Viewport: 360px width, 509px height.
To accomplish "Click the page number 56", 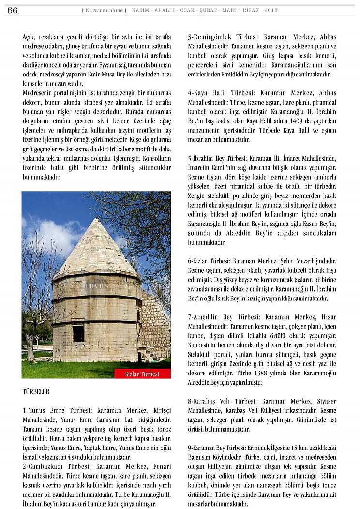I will tap(13, 10).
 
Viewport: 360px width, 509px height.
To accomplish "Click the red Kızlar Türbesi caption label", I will tap(142, 374).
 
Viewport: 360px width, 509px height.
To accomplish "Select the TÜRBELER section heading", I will tap(36, 391).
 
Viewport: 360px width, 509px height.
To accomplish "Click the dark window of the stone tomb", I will tap(78, 333).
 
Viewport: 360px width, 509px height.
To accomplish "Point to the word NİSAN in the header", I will tap(251, 10).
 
